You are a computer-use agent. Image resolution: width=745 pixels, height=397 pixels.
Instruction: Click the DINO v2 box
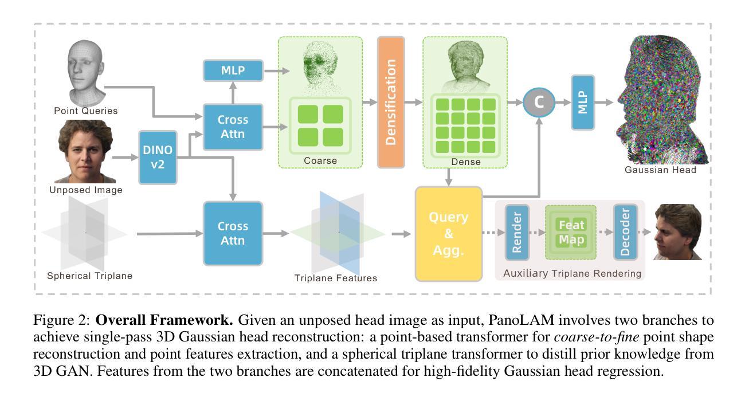158,158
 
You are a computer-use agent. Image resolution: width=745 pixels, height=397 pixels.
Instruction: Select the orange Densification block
391,102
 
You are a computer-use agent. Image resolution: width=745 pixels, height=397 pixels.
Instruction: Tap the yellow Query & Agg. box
449,233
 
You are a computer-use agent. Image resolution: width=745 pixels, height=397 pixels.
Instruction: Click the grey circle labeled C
539,102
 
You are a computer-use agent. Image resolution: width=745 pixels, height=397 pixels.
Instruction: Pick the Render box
517,233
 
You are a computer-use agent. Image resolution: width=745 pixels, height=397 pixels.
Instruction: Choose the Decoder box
625,233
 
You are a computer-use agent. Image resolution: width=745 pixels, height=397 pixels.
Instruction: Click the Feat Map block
571,233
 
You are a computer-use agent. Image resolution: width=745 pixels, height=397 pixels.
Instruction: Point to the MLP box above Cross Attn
233,71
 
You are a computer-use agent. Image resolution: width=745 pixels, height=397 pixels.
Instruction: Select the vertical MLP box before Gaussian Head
583,102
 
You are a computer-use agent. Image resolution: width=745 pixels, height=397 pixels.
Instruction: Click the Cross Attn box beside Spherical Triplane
233,233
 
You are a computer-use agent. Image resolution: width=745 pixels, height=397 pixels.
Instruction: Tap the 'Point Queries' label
85,111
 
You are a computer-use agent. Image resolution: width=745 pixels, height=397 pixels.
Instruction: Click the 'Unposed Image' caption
85,190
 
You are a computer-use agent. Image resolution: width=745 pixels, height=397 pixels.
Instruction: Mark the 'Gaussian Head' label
660,170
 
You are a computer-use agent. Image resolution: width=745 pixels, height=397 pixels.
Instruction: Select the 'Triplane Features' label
336,278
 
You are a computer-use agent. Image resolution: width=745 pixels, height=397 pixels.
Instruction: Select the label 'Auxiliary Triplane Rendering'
572,273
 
